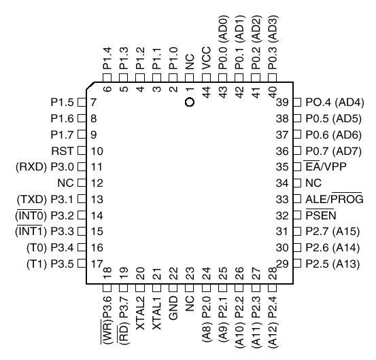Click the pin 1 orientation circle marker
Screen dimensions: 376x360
point(190,103)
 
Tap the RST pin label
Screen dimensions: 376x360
point(62,151)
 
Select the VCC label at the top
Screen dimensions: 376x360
point(206,58)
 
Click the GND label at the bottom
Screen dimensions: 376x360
point(173,308)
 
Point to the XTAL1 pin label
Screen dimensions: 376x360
point(157,313)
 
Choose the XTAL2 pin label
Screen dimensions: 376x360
point(141,313)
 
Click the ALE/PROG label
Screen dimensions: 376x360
point(335,198)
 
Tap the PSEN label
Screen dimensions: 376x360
point(321,215)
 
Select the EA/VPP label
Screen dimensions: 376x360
point(326,166)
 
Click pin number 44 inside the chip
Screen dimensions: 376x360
point(206,92)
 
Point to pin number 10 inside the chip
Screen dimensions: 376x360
point(97,151)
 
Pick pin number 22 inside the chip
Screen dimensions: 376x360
point(173,273)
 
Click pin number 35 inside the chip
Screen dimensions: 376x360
point(282,167)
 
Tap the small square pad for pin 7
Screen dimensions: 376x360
point(82,103)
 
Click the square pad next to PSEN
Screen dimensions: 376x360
point(297,215)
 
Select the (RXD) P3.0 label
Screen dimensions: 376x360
point(45,167)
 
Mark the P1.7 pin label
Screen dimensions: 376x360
point(62,135)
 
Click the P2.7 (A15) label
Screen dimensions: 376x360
point(332,232)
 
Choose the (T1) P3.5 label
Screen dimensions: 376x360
point(50,264)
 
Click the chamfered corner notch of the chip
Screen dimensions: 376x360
point(90,86)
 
